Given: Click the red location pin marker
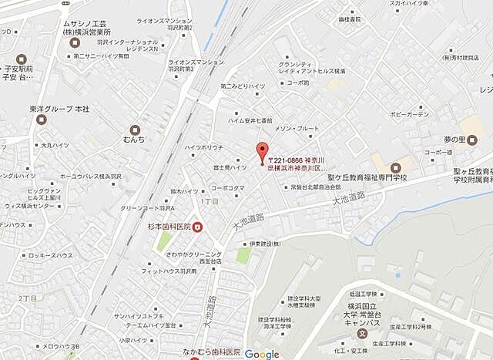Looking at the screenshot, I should click(262, 151).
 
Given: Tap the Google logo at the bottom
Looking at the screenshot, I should click(262, 354).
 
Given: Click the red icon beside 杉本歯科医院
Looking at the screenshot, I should click(197, 226).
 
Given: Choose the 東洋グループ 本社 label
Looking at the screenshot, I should click(61, 109).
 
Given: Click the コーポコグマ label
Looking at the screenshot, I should click(227, 187).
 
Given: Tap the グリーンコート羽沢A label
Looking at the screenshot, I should click(147, 208).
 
